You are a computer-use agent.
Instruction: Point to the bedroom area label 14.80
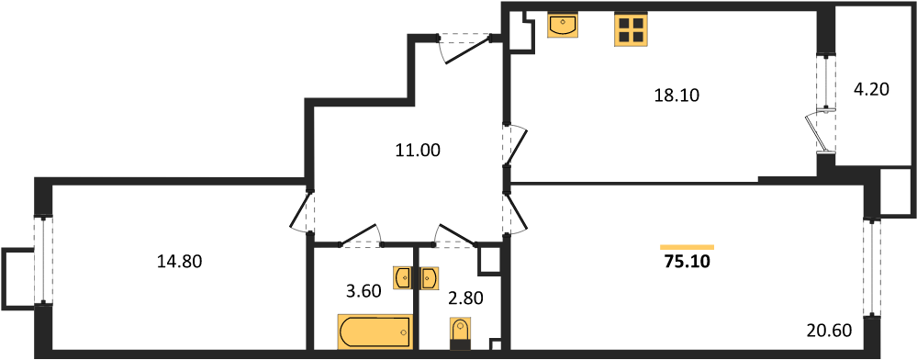[179, 262]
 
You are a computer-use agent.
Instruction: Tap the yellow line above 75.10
[688, 247]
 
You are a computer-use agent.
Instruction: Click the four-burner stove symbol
[631, 29]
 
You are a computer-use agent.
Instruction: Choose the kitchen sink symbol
[563, 24]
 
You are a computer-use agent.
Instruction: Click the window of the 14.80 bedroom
[41, 260]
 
